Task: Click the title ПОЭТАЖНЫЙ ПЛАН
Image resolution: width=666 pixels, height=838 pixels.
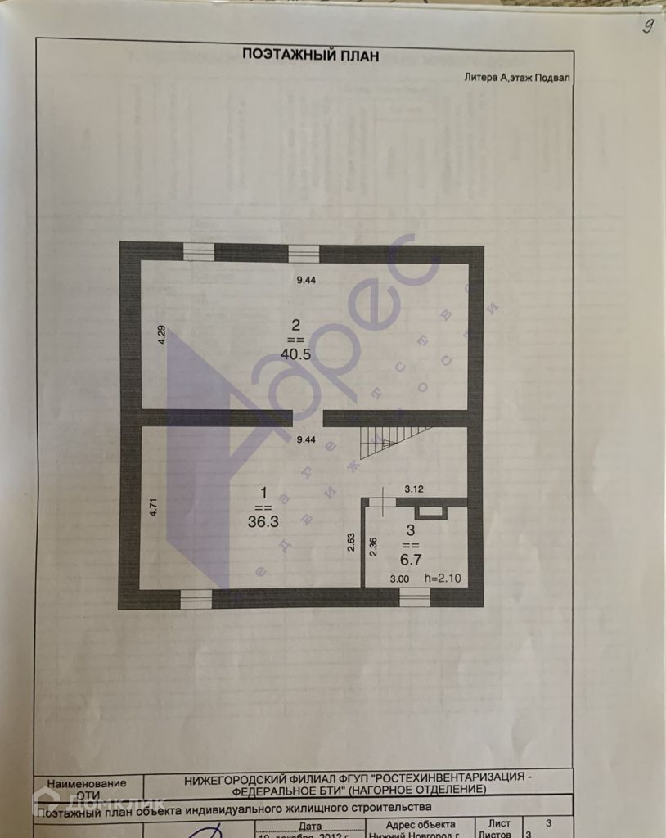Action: click(309, 55)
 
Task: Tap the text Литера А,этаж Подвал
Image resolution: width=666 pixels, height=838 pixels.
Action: click(516, 78)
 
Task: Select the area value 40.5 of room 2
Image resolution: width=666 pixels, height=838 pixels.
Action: click(295, 355)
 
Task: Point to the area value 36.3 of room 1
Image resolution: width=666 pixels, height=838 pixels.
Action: click(263, 519)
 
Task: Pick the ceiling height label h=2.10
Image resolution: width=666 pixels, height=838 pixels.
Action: click(443, 579)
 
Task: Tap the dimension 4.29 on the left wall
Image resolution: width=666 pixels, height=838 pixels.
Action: click(162, 335)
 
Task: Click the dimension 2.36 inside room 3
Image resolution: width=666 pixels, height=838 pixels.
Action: click(373, 547)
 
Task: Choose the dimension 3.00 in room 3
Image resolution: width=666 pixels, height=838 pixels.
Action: click(399, 579)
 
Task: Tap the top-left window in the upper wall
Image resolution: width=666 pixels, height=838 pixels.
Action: click(198, 252)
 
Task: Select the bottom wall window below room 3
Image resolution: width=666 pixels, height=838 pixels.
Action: click(415, 598)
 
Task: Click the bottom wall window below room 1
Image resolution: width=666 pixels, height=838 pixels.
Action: click(196, 599)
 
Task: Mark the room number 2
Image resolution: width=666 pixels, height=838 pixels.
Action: click(295, 324)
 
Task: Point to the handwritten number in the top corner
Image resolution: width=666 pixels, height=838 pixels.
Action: click(647, 26)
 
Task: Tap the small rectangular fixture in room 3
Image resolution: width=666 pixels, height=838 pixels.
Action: click(429, 512)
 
